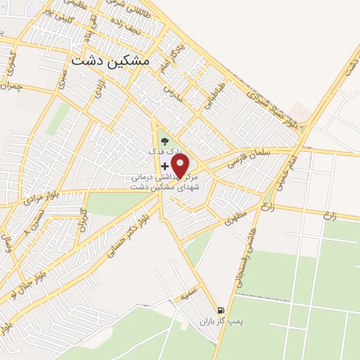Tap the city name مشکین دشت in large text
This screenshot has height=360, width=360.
[111, 61]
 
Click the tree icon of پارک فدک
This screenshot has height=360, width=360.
[165, 141]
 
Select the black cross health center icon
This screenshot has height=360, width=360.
[165, 167]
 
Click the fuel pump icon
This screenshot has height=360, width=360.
[221, 309]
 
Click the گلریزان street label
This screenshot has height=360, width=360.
[83, 219]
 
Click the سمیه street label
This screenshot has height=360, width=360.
[186, 298]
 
